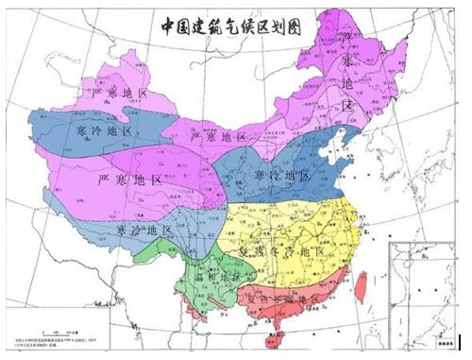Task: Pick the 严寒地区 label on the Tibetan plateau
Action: coord(132,179)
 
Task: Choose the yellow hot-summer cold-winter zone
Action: coord(302,227)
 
